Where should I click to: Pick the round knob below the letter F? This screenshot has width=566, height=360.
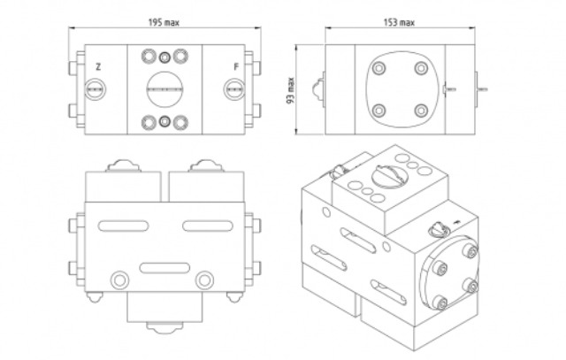tap(234, 88)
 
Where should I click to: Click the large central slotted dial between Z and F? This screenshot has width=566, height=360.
tap(165, 88)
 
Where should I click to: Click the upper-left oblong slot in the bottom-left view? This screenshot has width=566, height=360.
tap(122, 226)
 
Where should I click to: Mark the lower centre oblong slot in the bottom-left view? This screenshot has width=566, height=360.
tap(164, 266)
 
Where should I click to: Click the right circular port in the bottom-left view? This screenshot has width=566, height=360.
tap(205, 280)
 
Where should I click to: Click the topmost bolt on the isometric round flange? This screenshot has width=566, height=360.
tap(472, 253)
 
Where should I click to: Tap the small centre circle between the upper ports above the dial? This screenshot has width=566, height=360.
tap(165, 57)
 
